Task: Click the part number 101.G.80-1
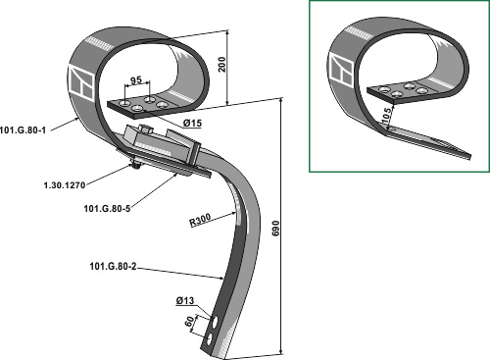pyautogui.click(x=23, y=129)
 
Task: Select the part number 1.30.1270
pyautogui.click(x=65, y=185)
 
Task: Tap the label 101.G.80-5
pyautogui.click(x=107, y=208)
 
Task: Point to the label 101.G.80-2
pyautogui.click(x=113, y=267)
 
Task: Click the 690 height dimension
pyautogui.click(x=276, y=229)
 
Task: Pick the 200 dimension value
pyautogui.click(x=221, y=65)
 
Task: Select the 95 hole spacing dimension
pyautogui.click(x=136, y=80)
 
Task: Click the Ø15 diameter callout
pyautogui.click(x=192, y=124)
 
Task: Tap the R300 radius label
pyautogui.click(x=200, y=220)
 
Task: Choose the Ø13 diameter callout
pyautogui.click(x=185, y=300)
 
